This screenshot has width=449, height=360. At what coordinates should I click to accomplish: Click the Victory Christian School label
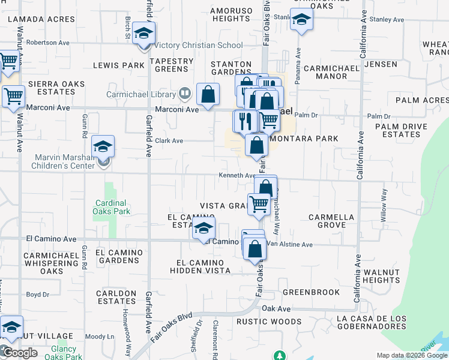(199, 45)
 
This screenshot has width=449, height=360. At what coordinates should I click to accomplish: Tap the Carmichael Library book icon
(184, 94)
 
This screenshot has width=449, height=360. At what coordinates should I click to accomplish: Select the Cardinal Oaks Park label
(112, 207)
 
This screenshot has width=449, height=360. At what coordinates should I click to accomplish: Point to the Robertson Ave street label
(48, 43)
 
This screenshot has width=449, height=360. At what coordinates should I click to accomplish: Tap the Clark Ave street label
(169, 141)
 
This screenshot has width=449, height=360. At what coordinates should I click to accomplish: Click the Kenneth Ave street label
(237, 176)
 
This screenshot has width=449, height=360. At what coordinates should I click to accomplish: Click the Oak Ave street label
(276, 308)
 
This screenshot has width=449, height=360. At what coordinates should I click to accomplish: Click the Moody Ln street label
(100, 337)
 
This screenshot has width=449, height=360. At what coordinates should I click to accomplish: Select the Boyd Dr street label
(37, 295)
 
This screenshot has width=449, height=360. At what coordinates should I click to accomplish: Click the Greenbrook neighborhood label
(311, 292)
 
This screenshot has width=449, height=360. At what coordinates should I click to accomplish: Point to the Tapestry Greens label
(172, 65)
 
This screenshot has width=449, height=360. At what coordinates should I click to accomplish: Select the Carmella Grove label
(331, 221)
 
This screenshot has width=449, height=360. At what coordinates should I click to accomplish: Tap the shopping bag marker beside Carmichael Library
(208, 95)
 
